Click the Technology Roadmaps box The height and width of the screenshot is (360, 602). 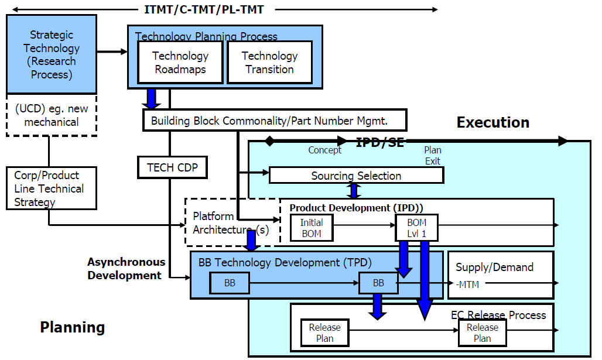pyautogui.click(x=180, y=62)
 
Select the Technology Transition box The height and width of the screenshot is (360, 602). pyautogui.click(x=269, y=62)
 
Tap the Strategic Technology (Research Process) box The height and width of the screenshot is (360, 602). pyautogui.click(x=52, y=55)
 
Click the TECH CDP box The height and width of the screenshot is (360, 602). pyautogui.click(x=172, y=168)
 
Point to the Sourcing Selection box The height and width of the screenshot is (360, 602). pyautogui.click(x=356, y=175)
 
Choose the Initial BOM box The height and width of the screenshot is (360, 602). pyautogui.click(x=312, y=228)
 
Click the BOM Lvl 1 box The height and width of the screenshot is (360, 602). pyautogui.click(x=416, y=228)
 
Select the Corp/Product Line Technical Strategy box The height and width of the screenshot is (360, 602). pyautogui.click(x=51, y=188)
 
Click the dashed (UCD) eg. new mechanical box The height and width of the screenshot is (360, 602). pyautogui.click(x=51, y=115)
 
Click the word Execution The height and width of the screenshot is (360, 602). pyautogui.click(x=492, y=122)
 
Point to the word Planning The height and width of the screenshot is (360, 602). pyautogui.click(x=72, y=327)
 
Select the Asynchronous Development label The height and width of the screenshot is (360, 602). pyautogui.click(x=126, y=269)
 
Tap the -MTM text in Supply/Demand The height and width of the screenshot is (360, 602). pyautogui.click(x=467, y=284)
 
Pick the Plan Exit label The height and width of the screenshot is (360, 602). pyautogui.click(x=432, y=156)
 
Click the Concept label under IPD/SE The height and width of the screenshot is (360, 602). pyautogui.click(x=324, y=150)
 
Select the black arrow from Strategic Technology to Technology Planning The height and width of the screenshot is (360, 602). pyautogui.click(x=112, y=52)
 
